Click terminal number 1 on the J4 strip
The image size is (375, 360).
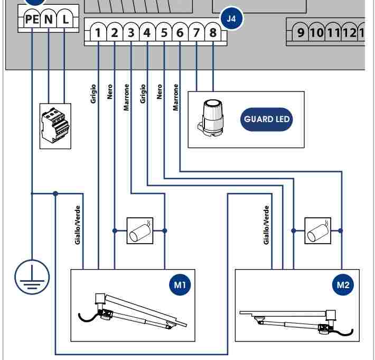pyautogui.click(x=98, y=32)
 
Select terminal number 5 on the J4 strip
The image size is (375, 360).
pyautogui.click(x=164, y=32)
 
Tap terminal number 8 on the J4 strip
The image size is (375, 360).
pyautogui.click(x=213, y=32)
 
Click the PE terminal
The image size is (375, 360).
pyautogui.click(x=32, y=19)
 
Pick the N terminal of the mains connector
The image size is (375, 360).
pyautogui.click(x=49, y=19)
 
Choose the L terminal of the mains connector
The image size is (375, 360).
pyautogui.click(x=65, y=19)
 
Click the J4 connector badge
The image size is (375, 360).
pyautogui.click(x=231, y=19)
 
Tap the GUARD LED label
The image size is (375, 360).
pyautogui.click(x=266, y=119)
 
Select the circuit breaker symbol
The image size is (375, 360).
pyautogui.click(x=55, y=126)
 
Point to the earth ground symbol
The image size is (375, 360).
pyautogui.click(x=32, y=277)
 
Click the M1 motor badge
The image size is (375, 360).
pyautogui.click(x=180, y=284)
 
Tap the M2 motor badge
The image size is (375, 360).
pyautogui.click(x=343, y=284)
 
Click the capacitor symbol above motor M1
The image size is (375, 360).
pyautogui.click(x=140, y=230)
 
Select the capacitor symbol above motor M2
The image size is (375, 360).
pyautogui.click(x=318, y=230)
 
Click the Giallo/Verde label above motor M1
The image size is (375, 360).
pyautogui.click(x=78, y=225)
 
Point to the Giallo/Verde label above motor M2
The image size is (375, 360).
pyautogui.click(x=266, y=225)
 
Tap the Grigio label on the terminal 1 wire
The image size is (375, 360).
pyautogui.click(x=93, y=94)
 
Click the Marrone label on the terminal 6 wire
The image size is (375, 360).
pyautogui.click(x=176, y=97)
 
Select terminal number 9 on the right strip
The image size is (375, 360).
pyautogui.click(x=301, y=32)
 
